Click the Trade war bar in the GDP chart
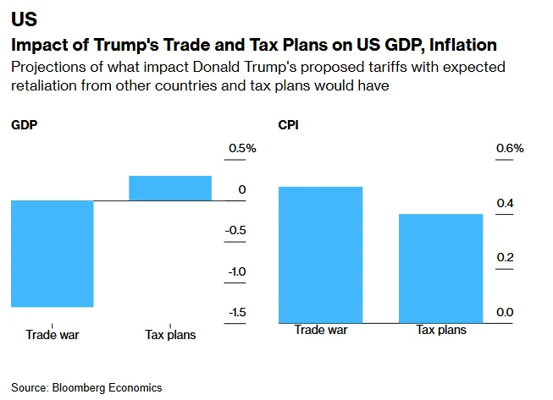pyautogui.click(x=52, y=254)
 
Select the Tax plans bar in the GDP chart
pyautogui.click(x=170, y=188)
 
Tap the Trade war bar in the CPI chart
pyautogui.click(x=321, y=255)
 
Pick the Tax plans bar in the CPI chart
pyautogui.click(x=440, y=268)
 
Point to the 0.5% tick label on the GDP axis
pyautogui.click(x=241, y=149)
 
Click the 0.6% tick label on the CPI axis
pyautogui.click(x=510, y=149)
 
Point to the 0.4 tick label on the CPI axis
pyautogui.click(x=505, y=203)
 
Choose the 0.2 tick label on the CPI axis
pyautogui.click(x=505, y=257)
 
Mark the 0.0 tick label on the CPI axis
pyautogui.click(x=505, y=312)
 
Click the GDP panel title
pyautogui.click(x=24, y=125)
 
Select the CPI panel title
pyautogui.click(x=289, y=125)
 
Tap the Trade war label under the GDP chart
pyautogui.click(x=53, y=334)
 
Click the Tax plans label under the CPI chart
pyautogui.click(x=440, y=330)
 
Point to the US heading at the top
pyautogui.click(x=23, y=19)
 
